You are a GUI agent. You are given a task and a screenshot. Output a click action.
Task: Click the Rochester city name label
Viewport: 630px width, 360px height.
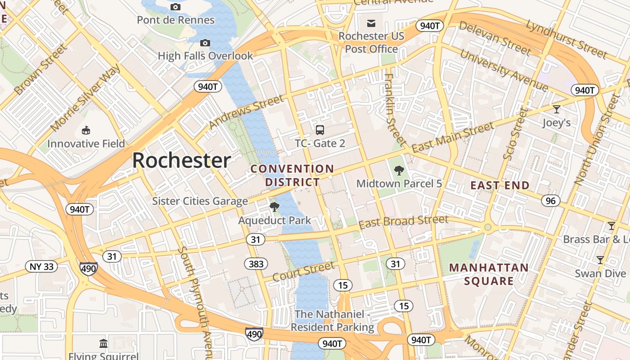point(181,161)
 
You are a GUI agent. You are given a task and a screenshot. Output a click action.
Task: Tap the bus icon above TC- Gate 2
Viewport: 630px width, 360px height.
point(320,130)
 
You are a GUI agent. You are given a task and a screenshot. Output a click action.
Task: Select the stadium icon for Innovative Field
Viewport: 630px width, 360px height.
point(86,130)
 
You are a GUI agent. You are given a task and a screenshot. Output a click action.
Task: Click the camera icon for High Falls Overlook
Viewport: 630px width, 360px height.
point(205,43)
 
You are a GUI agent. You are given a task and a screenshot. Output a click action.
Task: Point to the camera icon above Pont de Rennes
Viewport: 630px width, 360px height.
point(175,7)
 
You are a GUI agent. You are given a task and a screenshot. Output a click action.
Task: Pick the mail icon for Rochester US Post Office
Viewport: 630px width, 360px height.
point(371,23)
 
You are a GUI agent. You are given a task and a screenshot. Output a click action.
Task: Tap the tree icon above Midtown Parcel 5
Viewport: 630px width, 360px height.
point(399,171)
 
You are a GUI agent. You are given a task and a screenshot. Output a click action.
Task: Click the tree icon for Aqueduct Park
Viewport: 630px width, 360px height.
point(274,207)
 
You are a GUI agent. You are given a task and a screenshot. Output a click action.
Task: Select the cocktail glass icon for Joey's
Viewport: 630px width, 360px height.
point(557,109)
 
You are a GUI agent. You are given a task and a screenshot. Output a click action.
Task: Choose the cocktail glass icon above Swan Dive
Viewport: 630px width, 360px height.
point(600,260)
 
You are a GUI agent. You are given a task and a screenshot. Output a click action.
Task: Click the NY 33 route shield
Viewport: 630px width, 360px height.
point(42,266)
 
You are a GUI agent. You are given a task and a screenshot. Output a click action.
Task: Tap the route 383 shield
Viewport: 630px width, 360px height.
point(256,264)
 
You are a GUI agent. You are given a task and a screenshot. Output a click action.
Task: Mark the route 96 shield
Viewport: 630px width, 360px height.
point(551,201)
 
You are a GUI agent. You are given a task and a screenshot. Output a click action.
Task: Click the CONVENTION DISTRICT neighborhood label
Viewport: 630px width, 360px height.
point(292,175)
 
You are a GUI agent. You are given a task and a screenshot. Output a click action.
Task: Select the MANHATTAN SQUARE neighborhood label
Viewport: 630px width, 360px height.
point(489,274)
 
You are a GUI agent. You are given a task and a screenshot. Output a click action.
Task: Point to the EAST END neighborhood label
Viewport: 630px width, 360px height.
point(500,185)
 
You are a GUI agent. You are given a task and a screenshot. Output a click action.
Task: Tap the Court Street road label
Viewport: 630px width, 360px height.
point(303,271)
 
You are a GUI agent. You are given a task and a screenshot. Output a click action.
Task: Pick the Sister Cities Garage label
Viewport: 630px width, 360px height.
point(200,201)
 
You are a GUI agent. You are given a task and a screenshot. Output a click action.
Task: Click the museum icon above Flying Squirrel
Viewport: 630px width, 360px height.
point(103,343)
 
